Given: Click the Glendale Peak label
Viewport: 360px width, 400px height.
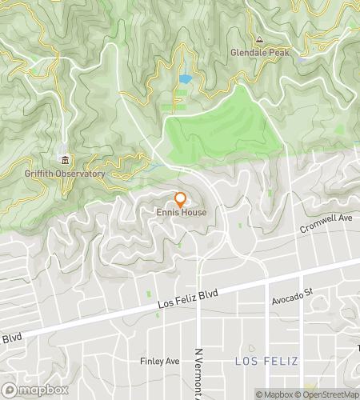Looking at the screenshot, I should coord(259,53).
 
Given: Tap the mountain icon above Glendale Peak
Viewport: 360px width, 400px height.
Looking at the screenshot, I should coord(258,39).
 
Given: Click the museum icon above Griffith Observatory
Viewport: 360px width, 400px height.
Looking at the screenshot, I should coord(64,159).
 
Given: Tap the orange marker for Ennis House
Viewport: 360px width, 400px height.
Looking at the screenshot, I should coord(181,199).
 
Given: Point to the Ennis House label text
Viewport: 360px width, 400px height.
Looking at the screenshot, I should coord(181,213).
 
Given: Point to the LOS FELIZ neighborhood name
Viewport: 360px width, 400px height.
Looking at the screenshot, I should coord(266,362).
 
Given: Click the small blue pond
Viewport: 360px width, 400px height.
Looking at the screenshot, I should coord(186,79).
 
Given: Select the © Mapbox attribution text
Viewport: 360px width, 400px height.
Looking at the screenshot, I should coord(274,394).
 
